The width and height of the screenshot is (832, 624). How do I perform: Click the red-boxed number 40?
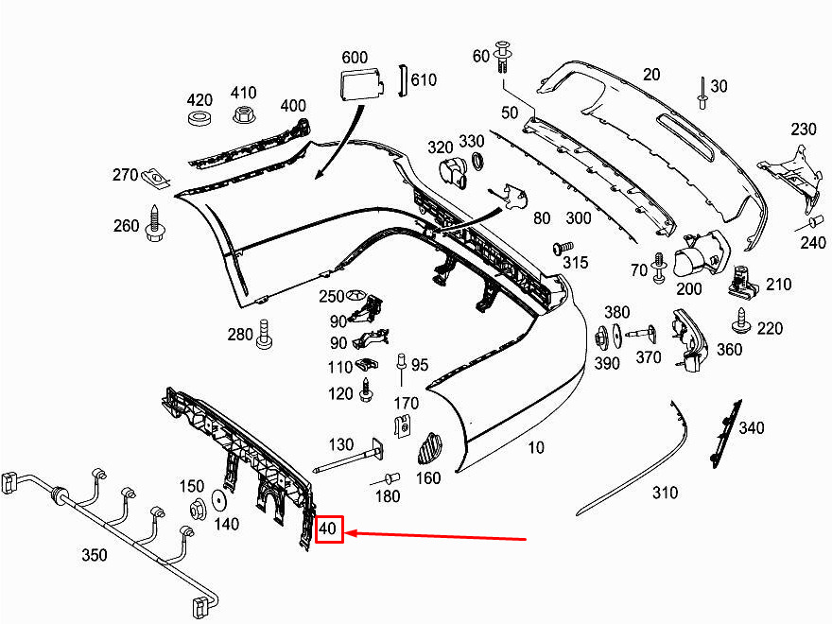(x=328, y=530)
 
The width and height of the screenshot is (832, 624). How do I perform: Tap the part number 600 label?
(x=354, y=57)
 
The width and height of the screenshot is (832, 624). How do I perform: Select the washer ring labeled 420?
(x=199, y=121)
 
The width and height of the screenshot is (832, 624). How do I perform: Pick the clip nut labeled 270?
(x=155, y=176)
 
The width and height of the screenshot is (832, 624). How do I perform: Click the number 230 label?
(x=803, y=130)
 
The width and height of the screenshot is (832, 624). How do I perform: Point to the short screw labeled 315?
(x=557, y=251)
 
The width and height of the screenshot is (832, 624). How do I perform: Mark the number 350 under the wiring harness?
(x=95, y=555)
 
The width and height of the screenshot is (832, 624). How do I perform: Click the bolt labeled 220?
(x=740, y=325)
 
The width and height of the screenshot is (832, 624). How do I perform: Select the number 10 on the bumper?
(x=536, y=448)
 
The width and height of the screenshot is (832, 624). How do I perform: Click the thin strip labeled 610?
(x=401, y=80)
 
